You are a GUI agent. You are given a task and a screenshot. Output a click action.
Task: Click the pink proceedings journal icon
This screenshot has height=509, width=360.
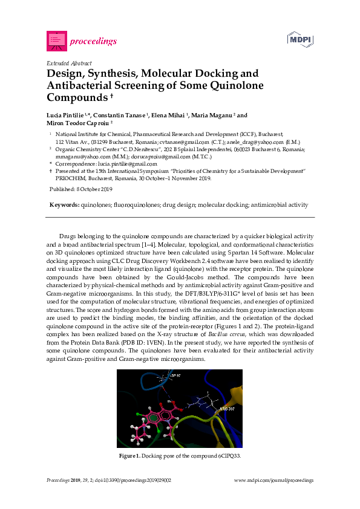[x=56, y=41]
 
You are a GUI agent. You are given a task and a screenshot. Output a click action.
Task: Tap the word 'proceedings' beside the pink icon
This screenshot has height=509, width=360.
[x=93, y=42]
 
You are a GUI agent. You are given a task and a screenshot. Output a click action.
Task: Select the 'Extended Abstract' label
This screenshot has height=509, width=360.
[x=69, y=63]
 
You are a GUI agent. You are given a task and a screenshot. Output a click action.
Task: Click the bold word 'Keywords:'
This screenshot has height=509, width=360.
[x=64, y=206]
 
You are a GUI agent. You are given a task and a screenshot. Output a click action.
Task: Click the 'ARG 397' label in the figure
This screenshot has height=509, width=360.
[x=227, y=409]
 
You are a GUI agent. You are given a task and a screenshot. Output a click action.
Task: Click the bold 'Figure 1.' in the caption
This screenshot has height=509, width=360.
[x=129, y=455]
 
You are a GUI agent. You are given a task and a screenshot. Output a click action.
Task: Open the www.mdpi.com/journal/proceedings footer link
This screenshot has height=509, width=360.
[x=273, y=480]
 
